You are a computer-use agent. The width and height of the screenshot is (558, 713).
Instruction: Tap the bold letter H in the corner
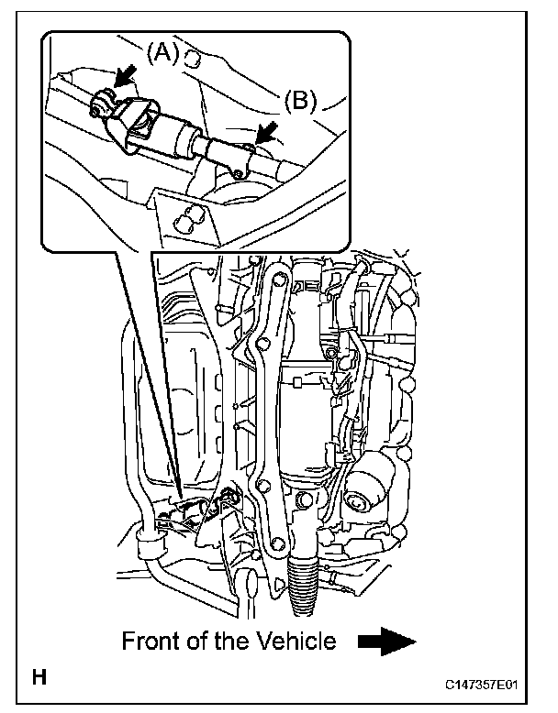(39, 679)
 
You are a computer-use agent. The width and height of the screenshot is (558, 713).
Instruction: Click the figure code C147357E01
(488, 685)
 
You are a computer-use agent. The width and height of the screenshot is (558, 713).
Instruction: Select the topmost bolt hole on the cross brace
(271, 273)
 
